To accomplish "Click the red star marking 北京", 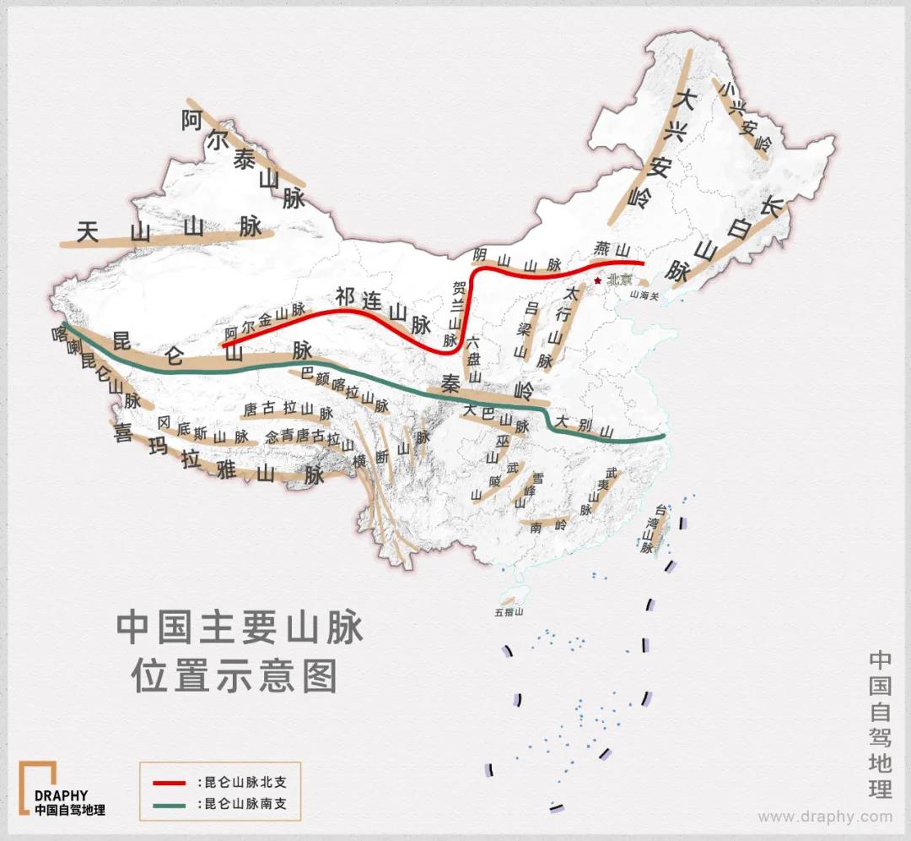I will tap(597, 280).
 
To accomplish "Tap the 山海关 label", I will tap(645, 294).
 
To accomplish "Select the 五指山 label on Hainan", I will tap(510, 611).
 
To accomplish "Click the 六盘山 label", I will tap(473, 359).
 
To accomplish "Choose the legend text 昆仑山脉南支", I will tap(245, 804).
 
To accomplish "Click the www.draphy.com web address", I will tap(824, 817).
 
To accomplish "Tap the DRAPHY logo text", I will tap(61, 795).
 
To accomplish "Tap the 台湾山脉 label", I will tap(649, 529).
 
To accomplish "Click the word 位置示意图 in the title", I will tap(234, 676).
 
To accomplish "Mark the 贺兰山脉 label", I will tap(456, 312).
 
